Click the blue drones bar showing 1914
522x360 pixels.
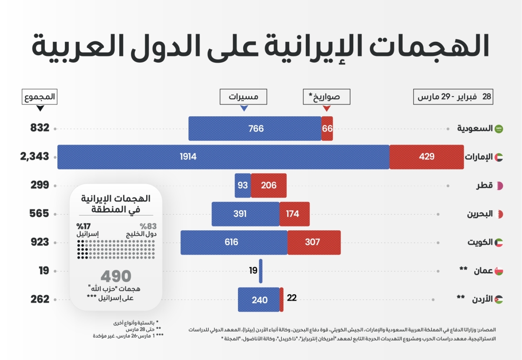click(223, 157)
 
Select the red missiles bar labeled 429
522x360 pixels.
click(426, 157)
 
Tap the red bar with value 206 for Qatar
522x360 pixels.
click(268, 185)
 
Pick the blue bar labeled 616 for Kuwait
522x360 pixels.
click(234, 242)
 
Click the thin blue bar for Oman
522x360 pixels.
click(261, 271)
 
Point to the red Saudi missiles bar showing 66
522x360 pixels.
click(327, 128)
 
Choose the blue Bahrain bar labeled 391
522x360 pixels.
click(245, 214)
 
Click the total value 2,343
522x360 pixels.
click(35, 157)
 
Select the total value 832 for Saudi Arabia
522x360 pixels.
click(40, 128)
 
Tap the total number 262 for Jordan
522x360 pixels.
click(40, 299)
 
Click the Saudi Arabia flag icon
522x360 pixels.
click(499, 129)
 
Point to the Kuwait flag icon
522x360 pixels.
click(499, 242)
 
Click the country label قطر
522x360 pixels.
click(484, 185)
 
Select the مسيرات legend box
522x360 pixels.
click(244, 97)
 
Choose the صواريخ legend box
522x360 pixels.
click(327, 97)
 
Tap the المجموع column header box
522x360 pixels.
click(40, 97)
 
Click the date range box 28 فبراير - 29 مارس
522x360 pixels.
click(454, 97)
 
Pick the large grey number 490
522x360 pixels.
click(116, 276)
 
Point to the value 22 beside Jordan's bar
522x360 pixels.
click(292, 298)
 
